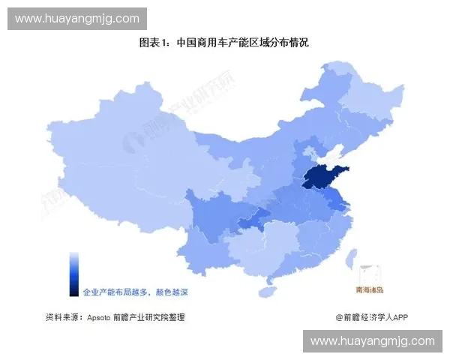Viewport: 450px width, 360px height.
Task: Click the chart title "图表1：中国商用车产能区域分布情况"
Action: tap(224, 43)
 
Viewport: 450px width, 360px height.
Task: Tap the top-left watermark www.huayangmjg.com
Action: tap(77, 18)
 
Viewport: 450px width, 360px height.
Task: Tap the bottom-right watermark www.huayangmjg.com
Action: tap(372, 341)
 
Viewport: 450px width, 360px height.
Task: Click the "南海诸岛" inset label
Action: tap(369, 289)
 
